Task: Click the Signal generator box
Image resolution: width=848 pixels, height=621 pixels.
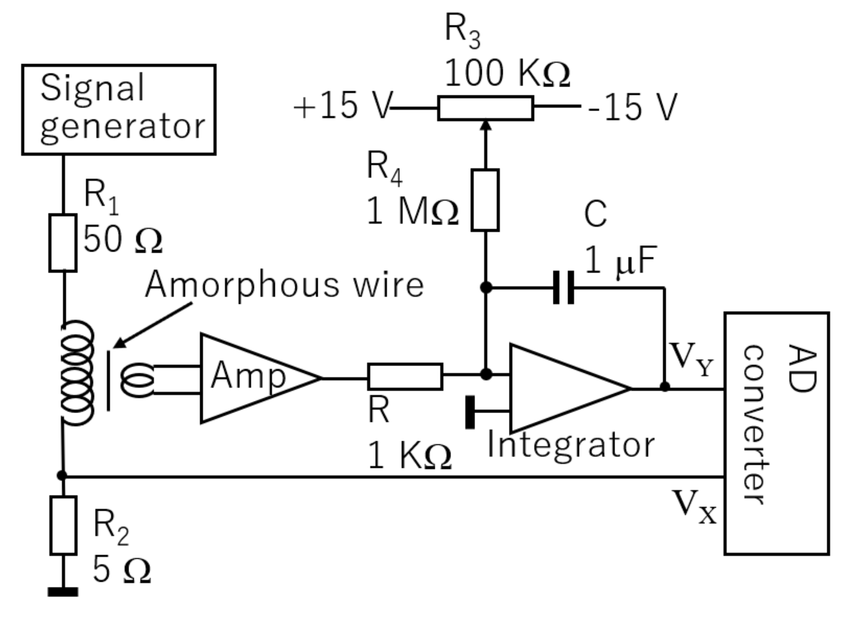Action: [119, 109]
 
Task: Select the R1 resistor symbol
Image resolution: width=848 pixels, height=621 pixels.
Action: [63, 242]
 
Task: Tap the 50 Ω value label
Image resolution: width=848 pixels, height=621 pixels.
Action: [123, 239]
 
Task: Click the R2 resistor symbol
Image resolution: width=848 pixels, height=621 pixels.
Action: [63, 525]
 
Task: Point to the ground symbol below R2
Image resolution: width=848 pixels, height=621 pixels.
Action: [63, 591]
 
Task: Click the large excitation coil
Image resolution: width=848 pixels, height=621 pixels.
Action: [77, 373]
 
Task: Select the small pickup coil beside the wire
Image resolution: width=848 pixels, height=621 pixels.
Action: [137, 380]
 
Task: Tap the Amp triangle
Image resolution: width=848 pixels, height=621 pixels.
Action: [249, 378]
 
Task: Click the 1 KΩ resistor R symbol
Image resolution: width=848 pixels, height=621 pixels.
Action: [405, 377]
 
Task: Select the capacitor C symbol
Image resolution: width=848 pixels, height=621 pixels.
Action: [563, 288]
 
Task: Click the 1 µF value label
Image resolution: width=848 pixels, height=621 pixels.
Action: [620, 261]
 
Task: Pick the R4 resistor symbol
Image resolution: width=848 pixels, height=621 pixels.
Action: [485, 200]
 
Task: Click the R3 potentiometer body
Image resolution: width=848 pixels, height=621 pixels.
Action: [485, 108]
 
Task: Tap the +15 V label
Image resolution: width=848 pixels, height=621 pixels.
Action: [343, 106]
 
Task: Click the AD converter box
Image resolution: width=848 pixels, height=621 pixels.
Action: [777, 433]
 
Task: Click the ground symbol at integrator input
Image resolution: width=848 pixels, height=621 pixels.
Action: [470, 412]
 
